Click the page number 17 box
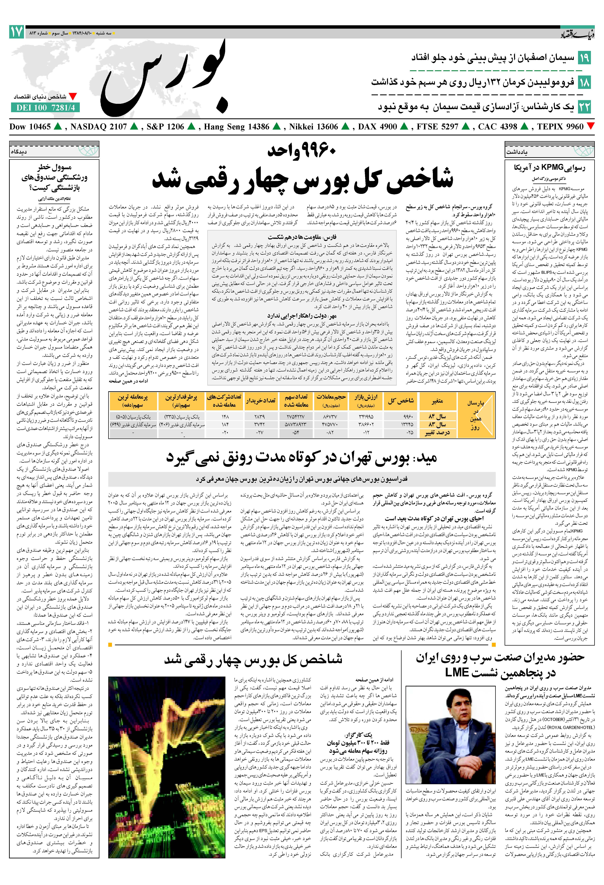(x=17, y=32)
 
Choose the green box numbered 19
(x=584, y=58)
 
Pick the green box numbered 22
(x=584, y=107)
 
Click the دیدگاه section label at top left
(x=19, y=151)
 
